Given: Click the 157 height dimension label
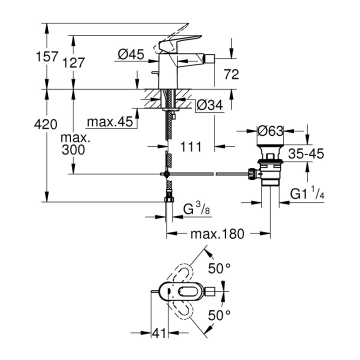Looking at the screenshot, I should [x=48, y=56].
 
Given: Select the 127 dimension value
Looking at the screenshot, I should [x=74, y=62].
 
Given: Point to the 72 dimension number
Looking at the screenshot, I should [x=231, y=75].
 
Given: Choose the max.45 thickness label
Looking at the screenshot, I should [x=109, y=122].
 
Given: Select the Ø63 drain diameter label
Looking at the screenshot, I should [x=270, y=131].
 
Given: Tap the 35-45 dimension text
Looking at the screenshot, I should [x=305, y=154].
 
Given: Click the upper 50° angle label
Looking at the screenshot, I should [x=219, y=268].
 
